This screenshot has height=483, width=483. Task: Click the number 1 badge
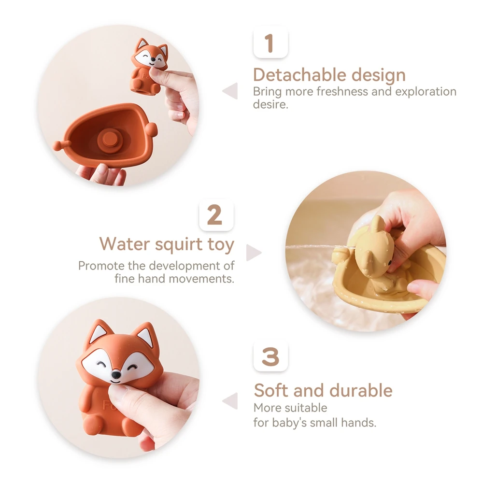270,43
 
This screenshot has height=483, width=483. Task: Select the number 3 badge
270,357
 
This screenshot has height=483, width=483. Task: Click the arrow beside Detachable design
230,91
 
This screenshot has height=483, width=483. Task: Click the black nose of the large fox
116,375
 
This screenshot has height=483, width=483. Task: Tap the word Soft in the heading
271,390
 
